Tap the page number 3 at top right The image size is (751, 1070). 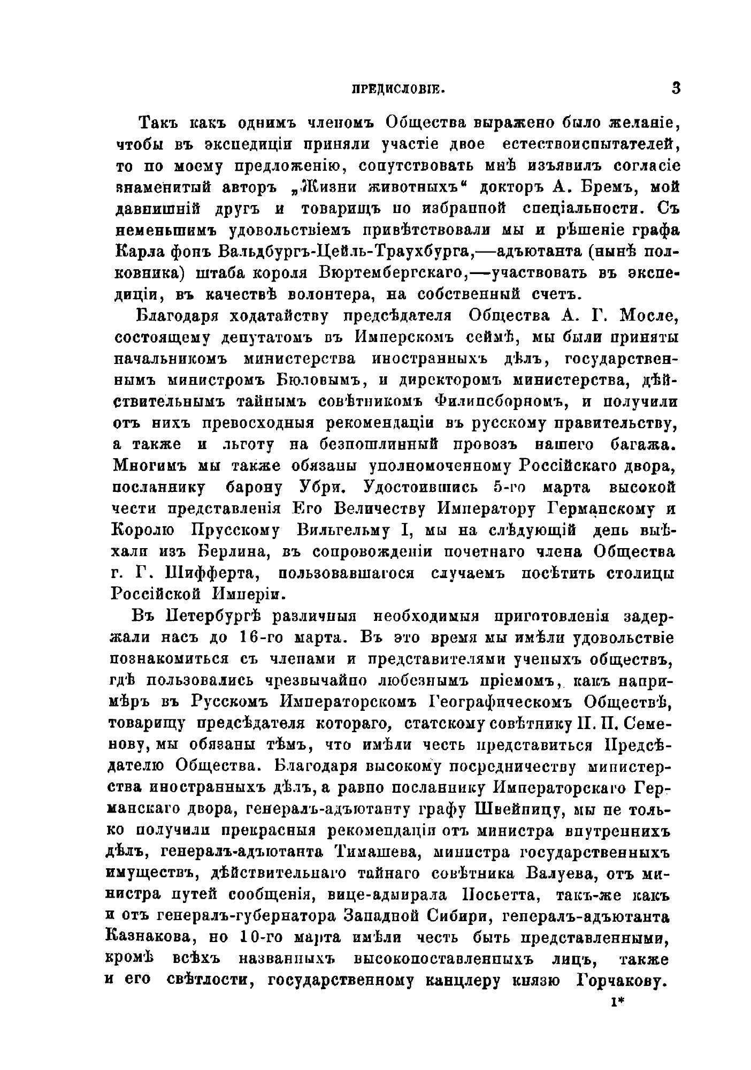coord(676,88)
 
